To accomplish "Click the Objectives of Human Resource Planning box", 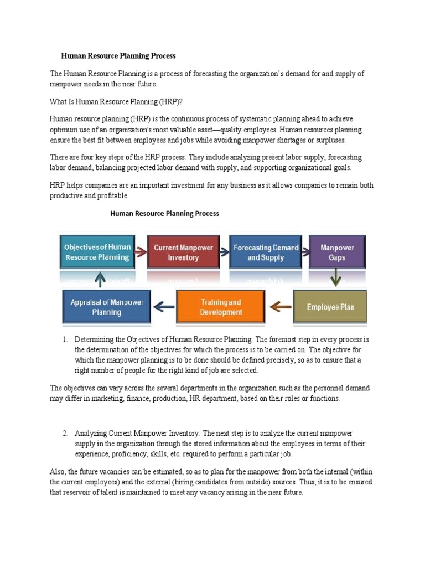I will (97, 252).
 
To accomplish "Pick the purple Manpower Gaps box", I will (336, 252).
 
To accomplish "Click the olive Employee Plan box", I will (330, 307).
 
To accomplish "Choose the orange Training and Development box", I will (221, 307).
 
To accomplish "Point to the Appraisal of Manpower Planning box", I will (106, 307).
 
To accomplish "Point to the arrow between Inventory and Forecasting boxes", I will (223, 252).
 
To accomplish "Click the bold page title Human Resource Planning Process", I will (118, 56).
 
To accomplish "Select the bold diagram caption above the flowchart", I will (165, 213).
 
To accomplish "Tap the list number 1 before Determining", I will (65, 339).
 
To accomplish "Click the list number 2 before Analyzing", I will (65, 433).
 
